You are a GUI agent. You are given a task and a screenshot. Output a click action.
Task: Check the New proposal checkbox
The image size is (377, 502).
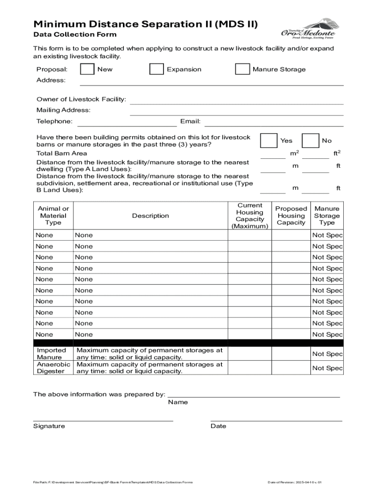click(87, 69)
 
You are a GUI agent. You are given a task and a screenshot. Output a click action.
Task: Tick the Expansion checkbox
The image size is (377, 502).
click(157, 69)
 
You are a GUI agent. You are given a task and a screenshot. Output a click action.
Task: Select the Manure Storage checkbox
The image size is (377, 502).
click(242, 69)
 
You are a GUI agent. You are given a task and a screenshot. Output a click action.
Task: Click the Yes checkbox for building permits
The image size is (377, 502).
click(268, 140)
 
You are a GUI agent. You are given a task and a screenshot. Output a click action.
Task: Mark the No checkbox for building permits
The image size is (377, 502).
click(310, 140)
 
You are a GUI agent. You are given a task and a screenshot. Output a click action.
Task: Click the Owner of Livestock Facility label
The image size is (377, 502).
click(81, 100)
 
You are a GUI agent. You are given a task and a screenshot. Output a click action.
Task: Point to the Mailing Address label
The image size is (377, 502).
click(63, 110)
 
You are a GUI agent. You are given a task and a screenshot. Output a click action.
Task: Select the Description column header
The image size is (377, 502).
click(150, 216)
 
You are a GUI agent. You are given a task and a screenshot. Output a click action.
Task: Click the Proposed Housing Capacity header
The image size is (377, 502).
click(291, 216)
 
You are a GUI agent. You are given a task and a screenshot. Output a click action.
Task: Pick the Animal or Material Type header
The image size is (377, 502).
click(53, 216)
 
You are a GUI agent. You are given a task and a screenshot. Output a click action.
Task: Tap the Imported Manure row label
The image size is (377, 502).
click(52, 354)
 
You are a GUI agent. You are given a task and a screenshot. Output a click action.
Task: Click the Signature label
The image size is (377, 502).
click(49, 426)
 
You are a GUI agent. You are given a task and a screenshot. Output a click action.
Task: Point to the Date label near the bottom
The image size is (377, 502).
click(218, 426)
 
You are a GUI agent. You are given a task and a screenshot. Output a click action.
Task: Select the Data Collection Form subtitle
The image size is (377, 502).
click(75, 34)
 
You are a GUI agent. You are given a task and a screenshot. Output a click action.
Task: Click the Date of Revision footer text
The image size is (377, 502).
click(294, 482)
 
